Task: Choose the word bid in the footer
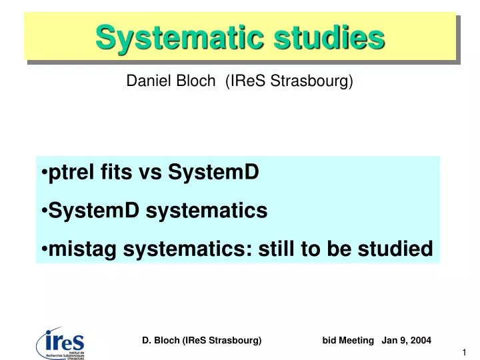pos(329,340)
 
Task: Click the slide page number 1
pos(463,352)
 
